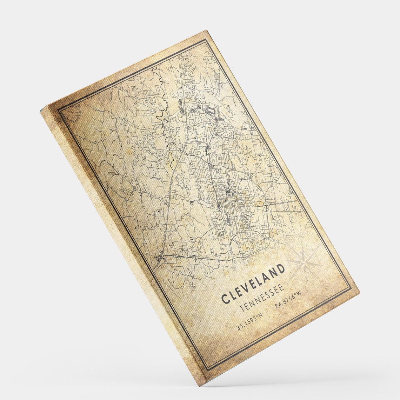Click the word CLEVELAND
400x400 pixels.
[253, 284]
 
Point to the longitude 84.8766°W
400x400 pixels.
[288, 300]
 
